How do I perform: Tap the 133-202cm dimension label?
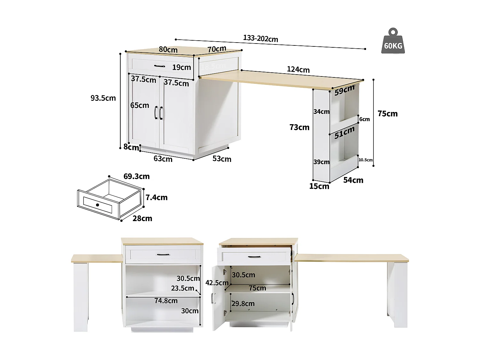point(260,38)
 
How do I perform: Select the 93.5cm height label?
point(103,98)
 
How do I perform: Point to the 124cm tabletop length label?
point(298,69)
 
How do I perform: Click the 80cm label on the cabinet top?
point(168,50)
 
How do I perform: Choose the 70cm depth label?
point(217,49)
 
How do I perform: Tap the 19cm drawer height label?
point(181,67)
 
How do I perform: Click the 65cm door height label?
point(140,105)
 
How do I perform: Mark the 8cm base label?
point(131,147)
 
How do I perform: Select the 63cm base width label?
point(163,159)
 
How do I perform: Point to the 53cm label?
point(222,159)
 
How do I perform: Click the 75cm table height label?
point(388,114)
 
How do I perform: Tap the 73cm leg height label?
point(299,127)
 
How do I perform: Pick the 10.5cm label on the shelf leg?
point(365,160)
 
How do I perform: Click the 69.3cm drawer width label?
point(136,176)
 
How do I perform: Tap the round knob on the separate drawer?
point(97,205)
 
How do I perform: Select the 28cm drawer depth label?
point(142,219)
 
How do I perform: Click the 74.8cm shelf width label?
point(166,301)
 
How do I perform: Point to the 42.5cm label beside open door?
point(217,283)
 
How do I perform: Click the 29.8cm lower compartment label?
point(243,303)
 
